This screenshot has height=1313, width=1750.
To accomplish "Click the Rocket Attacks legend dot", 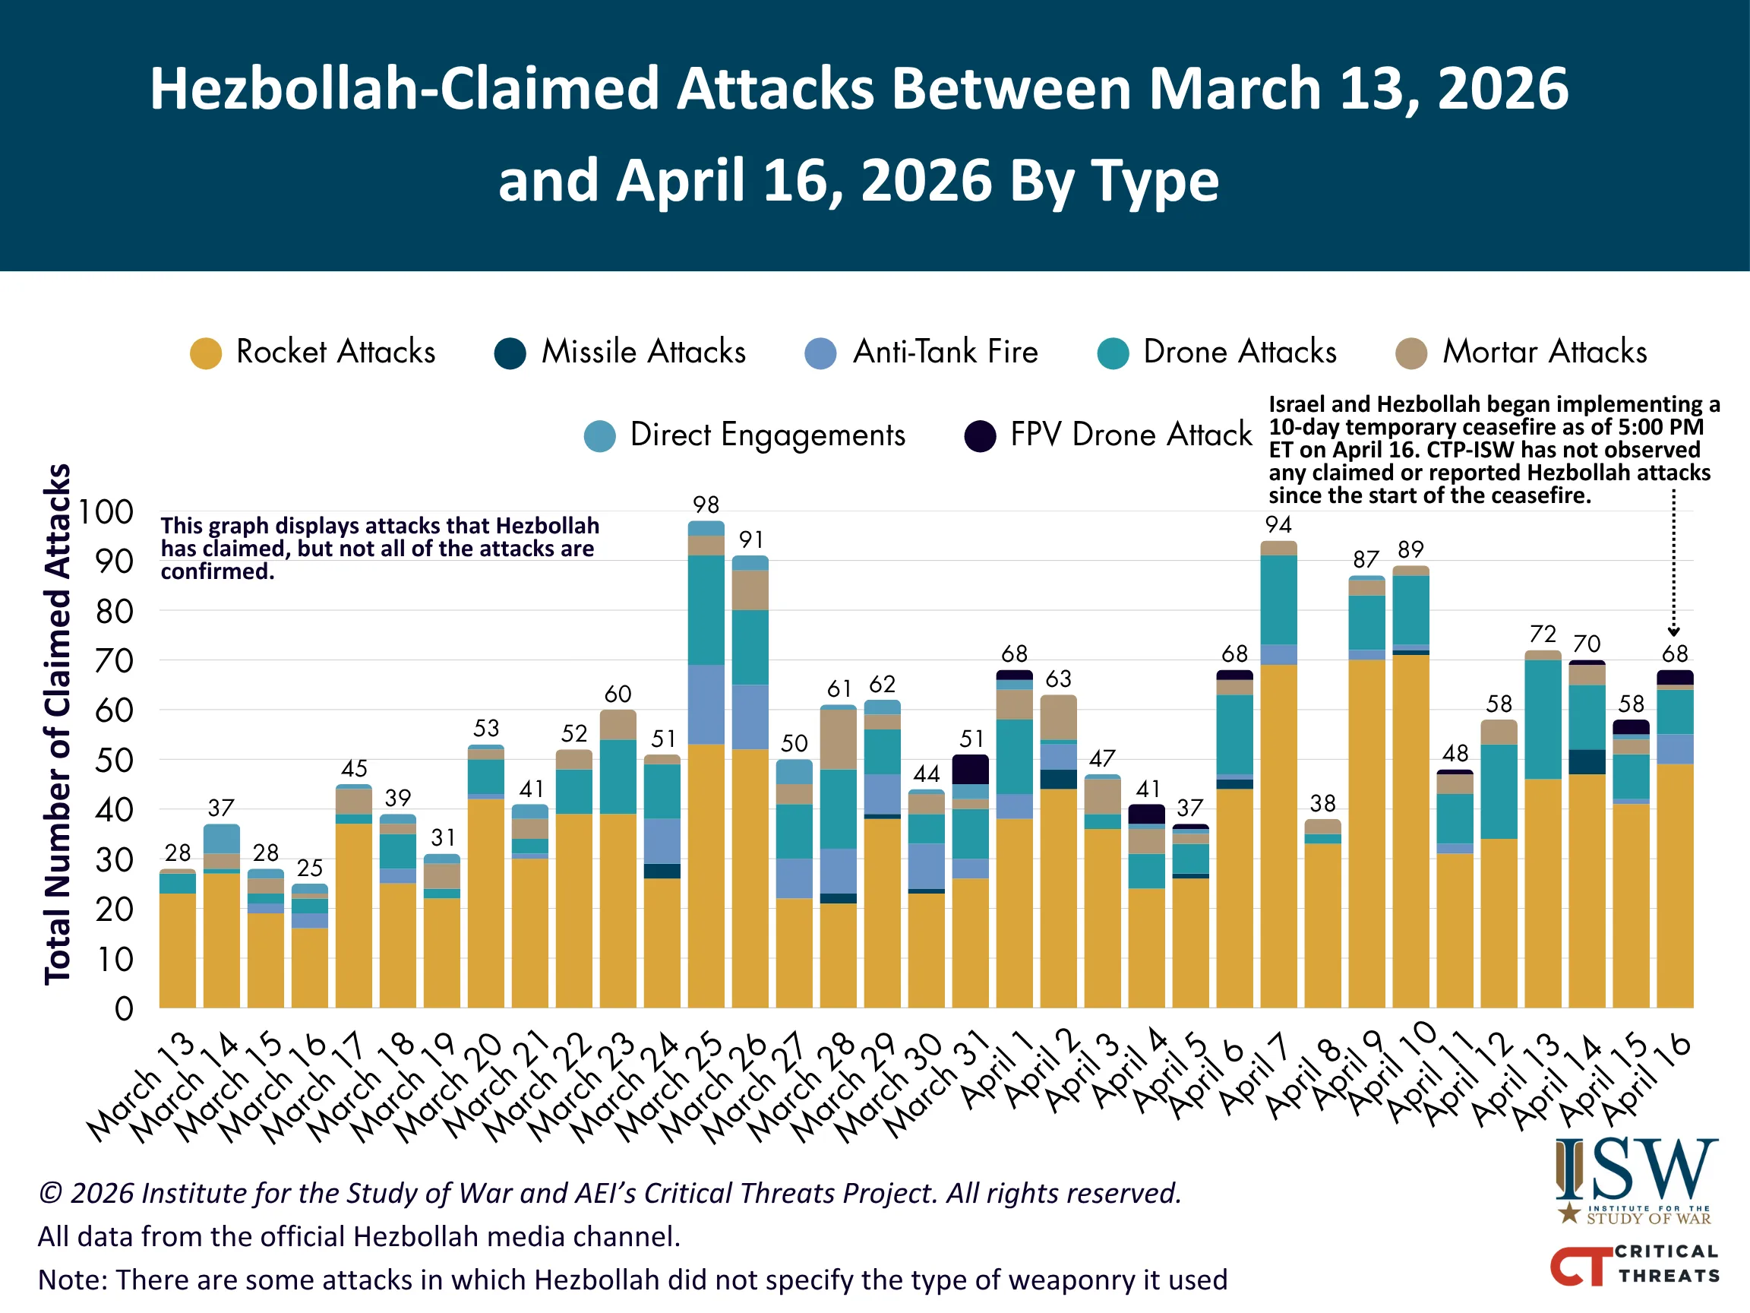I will (206, 354).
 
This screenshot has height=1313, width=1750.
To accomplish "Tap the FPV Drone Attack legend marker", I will (979, 436).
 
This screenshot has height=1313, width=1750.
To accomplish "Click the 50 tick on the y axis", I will (114, 761).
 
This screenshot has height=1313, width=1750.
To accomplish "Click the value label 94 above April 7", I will (1278, 525).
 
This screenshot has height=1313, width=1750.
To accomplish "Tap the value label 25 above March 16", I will (309, 868).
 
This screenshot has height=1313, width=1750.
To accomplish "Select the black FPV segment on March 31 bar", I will (970, 769).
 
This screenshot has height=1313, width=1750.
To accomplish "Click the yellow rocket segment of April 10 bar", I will (1410, 831).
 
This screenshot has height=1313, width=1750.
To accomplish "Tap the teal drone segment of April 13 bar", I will (1543, 719).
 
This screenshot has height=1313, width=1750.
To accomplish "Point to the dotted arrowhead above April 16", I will (1673, 631).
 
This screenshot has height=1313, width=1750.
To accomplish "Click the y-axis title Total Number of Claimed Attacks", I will (58, 724).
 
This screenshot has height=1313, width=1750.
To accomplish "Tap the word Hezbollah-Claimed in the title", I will (404, 89).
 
